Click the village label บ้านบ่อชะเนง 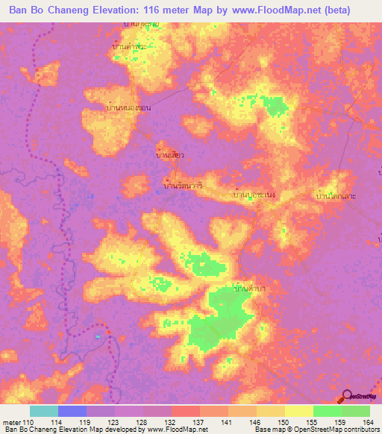[x=254, y=195]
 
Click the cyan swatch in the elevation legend [x=43, y=411]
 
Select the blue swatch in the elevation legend [x=72, y=411]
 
